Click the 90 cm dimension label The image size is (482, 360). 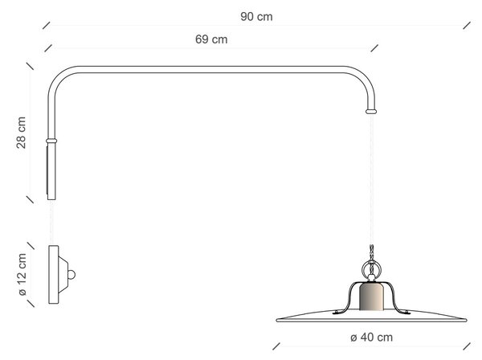pyautogui.click(x=256, y=17)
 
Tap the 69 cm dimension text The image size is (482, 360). pyautogui.click(x=211, y=39)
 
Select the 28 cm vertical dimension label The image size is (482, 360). pyautogui.click(x=21, y=133)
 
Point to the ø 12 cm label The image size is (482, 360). pyautogui.click(x=22, y=274)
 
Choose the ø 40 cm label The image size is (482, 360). pyautogui.click(x=371, y=337)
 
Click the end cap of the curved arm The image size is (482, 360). pyautogui.click(x=371, y=111)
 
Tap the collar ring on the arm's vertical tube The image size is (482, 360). pyautogui.click(x=51, y=141)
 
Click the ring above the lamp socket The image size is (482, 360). pyautogui.click(x=371, y=268)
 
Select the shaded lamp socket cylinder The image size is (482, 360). pyautogui.click(x=371, y=297)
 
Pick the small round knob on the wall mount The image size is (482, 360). pyautogui.click(x=71, y=275)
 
